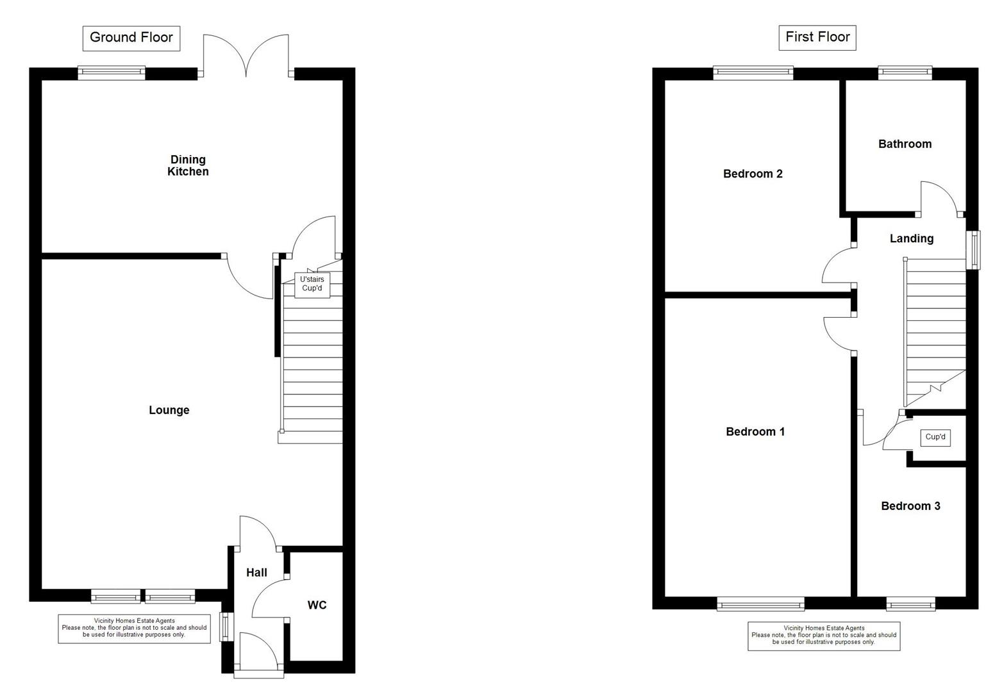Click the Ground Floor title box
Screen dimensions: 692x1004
point(131,38)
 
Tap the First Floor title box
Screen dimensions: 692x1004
point(817,37)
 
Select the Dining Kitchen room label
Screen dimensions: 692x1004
point(188,165)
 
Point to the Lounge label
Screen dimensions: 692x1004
point(169,410)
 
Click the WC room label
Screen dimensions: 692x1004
point(317,605)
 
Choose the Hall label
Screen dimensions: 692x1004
point(256,572)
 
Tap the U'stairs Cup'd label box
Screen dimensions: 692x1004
point(312,284)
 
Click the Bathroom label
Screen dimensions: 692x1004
point(905,144)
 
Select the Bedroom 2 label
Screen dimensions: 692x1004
point(753,174)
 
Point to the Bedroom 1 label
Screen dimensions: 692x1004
point(755,432)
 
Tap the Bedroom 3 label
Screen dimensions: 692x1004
point(910,506)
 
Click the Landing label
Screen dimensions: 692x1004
point(911,238)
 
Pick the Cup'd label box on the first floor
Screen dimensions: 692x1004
point(935,437)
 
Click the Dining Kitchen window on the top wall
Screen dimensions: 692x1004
point(112,73)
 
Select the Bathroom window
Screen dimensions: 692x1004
point(905,73)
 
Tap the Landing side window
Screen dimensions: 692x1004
point(973,249)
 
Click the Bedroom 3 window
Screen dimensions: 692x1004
point(910,603)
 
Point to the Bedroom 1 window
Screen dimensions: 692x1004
point(760,603)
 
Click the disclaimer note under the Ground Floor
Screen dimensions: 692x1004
point(134,628)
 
